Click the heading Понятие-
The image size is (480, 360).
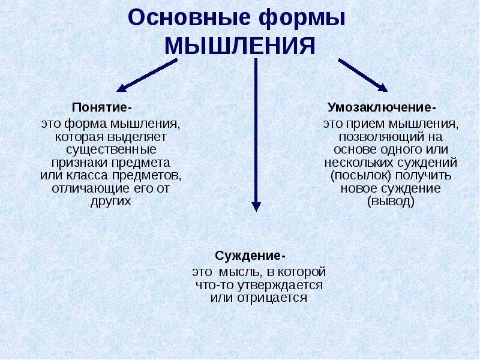[x=101, y=108]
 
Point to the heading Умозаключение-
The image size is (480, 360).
[x=382, y=108]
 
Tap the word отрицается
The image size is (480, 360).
[x=276, y=298]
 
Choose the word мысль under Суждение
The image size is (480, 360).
[x=238, y=272]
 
